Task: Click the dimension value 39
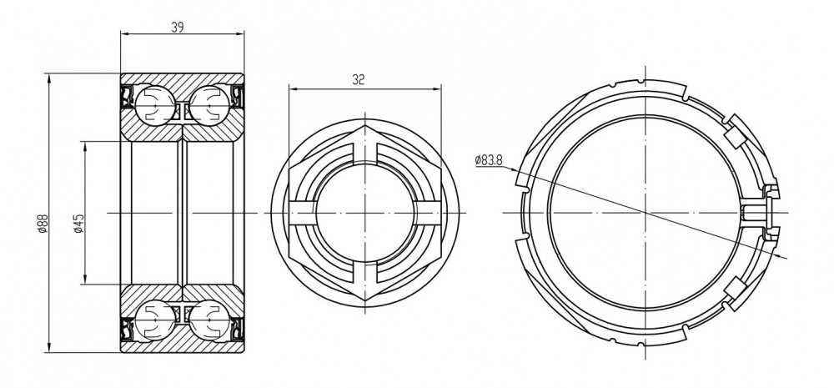178,28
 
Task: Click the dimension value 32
359,80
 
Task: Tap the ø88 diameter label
43,224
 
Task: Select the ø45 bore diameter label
78,224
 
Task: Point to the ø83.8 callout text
489,159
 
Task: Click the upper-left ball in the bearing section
155,105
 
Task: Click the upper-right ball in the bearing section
209,105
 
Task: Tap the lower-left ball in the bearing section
155,320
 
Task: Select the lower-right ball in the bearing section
209,320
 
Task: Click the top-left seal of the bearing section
127,97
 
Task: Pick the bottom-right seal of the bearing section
238,329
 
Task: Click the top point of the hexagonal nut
365,126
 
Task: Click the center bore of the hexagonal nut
365,213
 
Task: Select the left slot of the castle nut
302,213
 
